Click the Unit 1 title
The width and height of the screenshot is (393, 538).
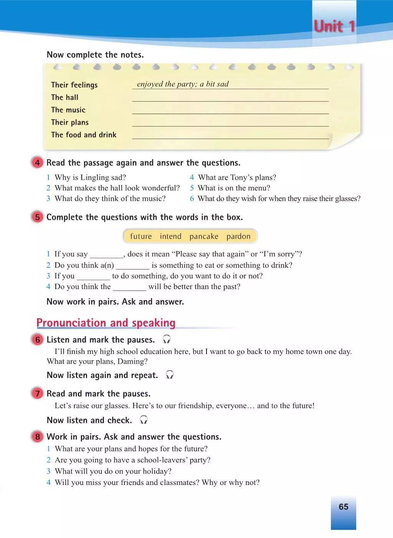(334, 27)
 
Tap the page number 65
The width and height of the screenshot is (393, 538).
(343, 507)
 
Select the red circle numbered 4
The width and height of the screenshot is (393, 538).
(37, 163)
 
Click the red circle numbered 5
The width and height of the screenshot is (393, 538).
(37, 217)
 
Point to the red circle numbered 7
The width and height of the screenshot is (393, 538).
(37, 394)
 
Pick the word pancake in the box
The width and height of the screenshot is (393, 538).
(204, 236)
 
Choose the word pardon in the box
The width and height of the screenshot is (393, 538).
(238, 236)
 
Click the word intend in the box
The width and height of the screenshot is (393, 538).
(170, 236)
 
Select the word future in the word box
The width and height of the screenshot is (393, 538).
(141, 236)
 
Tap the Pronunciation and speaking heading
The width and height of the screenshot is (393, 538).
(106, 323)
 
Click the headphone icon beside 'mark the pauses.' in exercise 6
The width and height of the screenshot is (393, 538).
(167, 339)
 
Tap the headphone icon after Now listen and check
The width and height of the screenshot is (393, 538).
(144, 420)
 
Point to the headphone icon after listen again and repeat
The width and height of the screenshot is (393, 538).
(170, 375)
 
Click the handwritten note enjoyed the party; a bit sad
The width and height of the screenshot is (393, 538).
(183, 84)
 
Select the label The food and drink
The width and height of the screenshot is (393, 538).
(84, 135)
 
